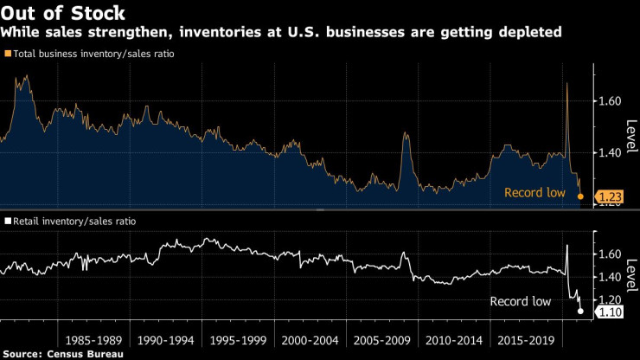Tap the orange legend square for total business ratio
coord(9,54)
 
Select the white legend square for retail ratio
coord(8,222)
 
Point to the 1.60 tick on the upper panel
coord(611,101)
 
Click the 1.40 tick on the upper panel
coord(611,153)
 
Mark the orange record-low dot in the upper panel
coord(580,197)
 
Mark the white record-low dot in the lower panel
coord(580,312)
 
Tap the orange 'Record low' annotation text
coord(534,192)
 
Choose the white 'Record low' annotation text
coord(520,301)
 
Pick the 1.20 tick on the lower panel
coord(611,299)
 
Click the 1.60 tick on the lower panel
coord(611,254)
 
